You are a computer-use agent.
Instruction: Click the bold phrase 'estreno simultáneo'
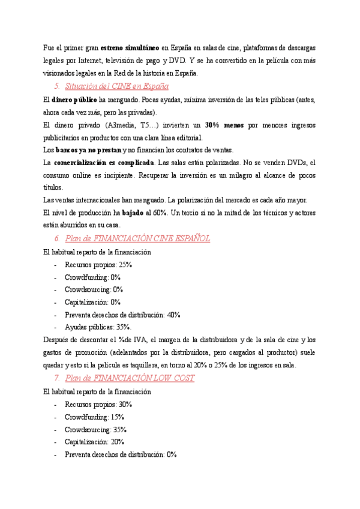pyautogui.click(x=129, y=47)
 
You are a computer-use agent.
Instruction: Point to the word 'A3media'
pyautogui.click(x=119, y=125)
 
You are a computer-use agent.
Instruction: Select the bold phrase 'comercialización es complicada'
pyautogui.click(x=103, y=163)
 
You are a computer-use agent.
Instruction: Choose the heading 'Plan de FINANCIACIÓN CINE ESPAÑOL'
pyautogui.click(x=137, y=239)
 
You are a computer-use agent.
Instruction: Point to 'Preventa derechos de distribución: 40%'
pyautogui.click(x=122, y=315)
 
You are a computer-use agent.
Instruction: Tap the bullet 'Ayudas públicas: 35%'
pyautogui.click(x=98, y=327)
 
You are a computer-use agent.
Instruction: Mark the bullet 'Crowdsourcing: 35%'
pyautogui.click(x=96, y=430)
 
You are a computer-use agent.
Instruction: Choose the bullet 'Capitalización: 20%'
pyautogui.click(x=94, y=442)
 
